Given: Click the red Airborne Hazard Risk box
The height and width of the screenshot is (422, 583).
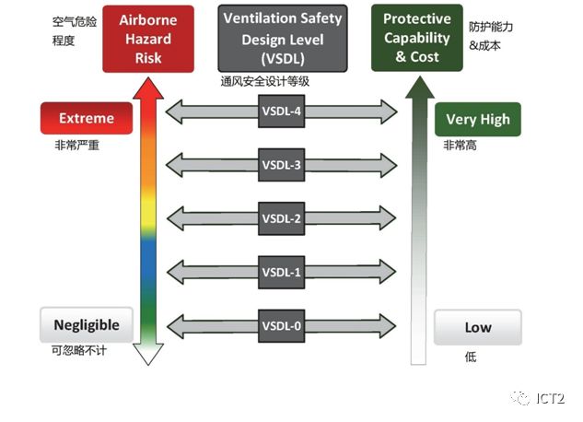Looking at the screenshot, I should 148,38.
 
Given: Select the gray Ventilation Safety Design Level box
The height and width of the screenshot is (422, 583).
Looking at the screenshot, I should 283,38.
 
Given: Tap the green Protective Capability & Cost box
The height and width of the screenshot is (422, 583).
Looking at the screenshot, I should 416,38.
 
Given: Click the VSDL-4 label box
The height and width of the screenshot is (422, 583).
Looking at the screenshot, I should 282,112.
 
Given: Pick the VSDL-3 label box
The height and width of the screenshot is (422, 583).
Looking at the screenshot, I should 282,165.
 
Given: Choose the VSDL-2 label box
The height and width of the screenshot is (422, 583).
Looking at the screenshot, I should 282,218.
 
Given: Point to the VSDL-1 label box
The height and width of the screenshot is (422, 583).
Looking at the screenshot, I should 282,272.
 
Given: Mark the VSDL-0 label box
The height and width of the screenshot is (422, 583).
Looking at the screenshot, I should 282,325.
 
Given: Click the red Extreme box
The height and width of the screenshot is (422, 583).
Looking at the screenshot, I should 86,119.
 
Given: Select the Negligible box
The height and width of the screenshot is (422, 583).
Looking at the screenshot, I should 86,325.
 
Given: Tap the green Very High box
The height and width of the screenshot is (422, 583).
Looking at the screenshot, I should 478,120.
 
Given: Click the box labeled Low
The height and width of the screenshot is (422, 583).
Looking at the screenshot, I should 478,327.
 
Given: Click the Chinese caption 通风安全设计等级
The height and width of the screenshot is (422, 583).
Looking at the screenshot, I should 265,82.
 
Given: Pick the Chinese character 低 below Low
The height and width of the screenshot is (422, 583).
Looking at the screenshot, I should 470,357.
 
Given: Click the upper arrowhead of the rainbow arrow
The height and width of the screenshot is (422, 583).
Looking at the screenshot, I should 148,88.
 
